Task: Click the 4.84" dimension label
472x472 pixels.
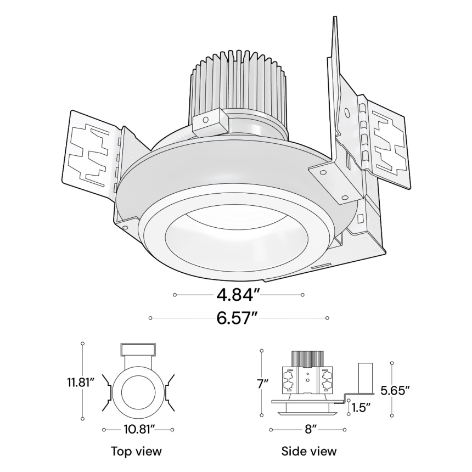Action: [x=238, y=295]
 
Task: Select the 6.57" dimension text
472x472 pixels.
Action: [x=238, y=318]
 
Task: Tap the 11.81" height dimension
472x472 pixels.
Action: [x=78, y=381]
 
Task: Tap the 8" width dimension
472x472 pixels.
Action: [x=311, y=429]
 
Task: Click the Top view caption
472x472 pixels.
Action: [x=136, y=451]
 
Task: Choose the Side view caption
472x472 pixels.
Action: [x=309, y=451]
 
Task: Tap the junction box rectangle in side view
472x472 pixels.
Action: [x=366, y=378]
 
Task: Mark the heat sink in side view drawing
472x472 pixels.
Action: [x=307, y=358]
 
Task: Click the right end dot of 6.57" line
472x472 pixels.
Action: [x=327, y=318]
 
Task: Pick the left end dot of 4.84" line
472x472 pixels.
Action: [x=175, y=295]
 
